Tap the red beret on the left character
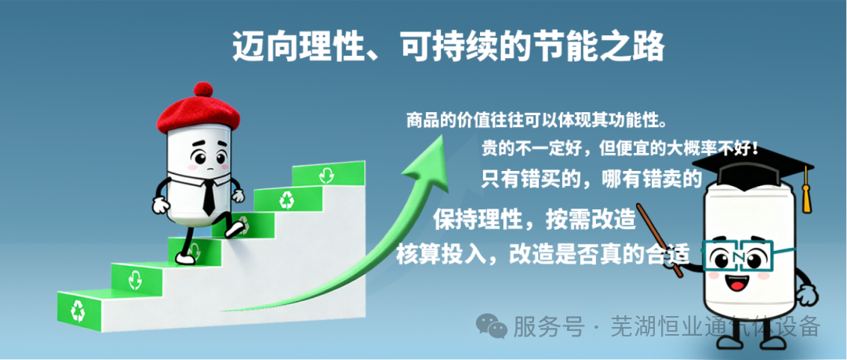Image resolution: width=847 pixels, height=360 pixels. (x=201, y=115)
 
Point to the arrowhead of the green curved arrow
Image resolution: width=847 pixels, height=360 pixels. (x=423, y=153)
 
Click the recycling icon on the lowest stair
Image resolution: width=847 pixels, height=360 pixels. (x=79, y=310)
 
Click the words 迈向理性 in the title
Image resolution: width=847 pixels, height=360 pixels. (x=286, y=48)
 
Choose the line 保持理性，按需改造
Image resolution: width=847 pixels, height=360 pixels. (x=533, y=219)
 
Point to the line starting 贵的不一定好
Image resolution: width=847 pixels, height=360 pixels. (x=620, y=149)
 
